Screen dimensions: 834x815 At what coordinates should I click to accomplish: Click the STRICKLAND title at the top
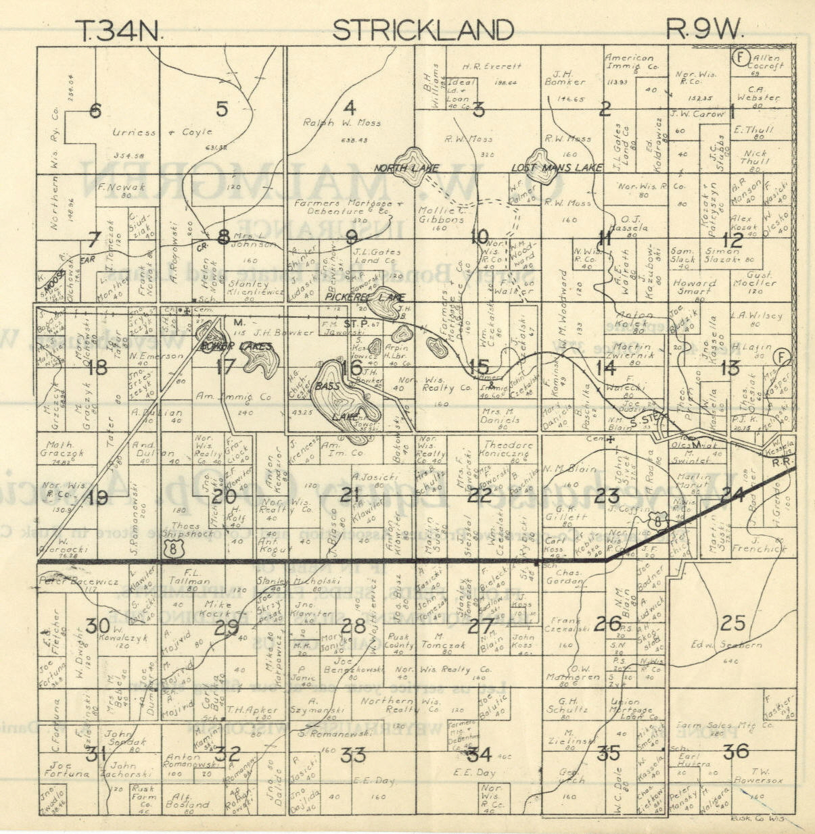click(x=423, y=30)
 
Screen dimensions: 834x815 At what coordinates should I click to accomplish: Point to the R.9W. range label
click(x=705, y=30)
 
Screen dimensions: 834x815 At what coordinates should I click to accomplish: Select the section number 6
click(x=95, y=111)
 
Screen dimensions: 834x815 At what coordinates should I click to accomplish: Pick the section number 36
click(x=736, y=751)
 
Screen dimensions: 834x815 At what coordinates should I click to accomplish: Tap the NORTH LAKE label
click(x=406, y=168)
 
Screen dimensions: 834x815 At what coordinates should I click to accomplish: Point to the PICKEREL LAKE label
click(x=365, y=297)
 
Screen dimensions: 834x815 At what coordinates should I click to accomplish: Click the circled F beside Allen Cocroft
click(x=740, y=57)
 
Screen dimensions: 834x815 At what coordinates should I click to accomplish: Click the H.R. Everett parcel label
click(x=492, y=66)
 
